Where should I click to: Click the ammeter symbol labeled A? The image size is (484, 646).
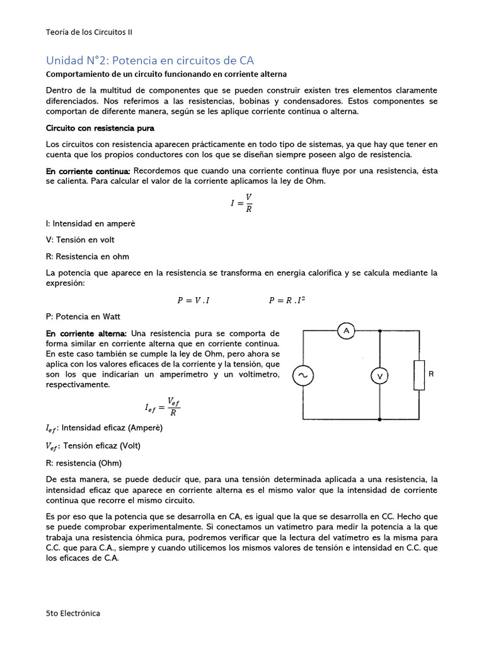(x=345, y=331)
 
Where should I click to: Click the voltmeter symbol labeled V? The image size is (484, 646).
(x=379, y=376)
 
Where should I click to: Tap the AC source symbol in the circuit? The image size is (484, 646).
(x=302, y=376)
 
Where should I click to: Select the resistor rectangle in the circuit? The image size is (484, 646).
(x=418, y=375)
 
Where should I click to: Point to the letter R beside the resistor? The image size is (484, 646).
(x=431, y=374)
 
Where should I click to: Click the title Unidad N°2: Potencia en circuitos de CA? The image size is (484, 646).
(x=150, y=61)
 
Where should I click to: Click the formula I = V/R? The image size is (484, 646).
(x=242, y=203)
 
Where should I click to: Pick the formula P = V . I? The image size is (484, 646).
(x=193, y=301)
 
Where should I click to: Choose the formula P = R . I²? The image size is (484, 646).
(x=287, y=300)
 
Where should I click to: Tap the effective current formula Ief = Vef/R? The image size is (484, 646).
(x=163, y=407)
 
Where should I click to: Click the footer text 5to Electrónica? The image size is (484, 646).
(x=73, y=613)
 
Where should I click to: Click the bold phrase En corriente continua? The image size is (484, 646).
(x=88, y=171)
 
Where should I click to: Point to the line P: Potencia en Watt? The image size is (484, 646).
(x=83, y=317)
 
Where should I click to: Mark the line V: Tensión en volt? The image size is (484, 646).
(x=81, y=240)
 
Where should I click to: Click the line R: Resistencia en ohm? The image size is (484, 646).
(x=88, y=257)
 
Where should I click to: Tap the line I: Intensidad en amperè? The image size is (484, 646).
(x=91, y=223)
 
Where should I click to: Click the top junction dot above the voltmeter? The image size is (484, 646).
(x=379, y=331)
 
